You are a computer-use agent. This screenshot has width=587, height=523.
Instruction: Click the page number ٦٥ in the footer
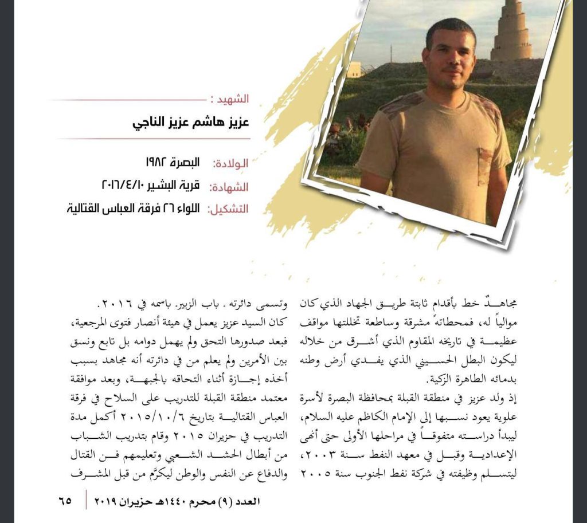coord(65,500)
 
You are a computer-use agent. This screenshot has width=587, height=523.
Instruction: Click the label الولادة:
coord(231,163)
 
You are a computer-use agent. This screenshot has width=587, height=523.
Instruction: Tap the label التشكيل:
coord(228,209)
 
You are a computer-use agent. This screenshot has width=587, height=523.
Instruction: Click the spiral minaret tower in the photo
coord(511,32)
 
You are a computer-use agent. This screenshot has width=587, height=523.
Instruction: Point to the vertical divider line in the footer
coord(87,500)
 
